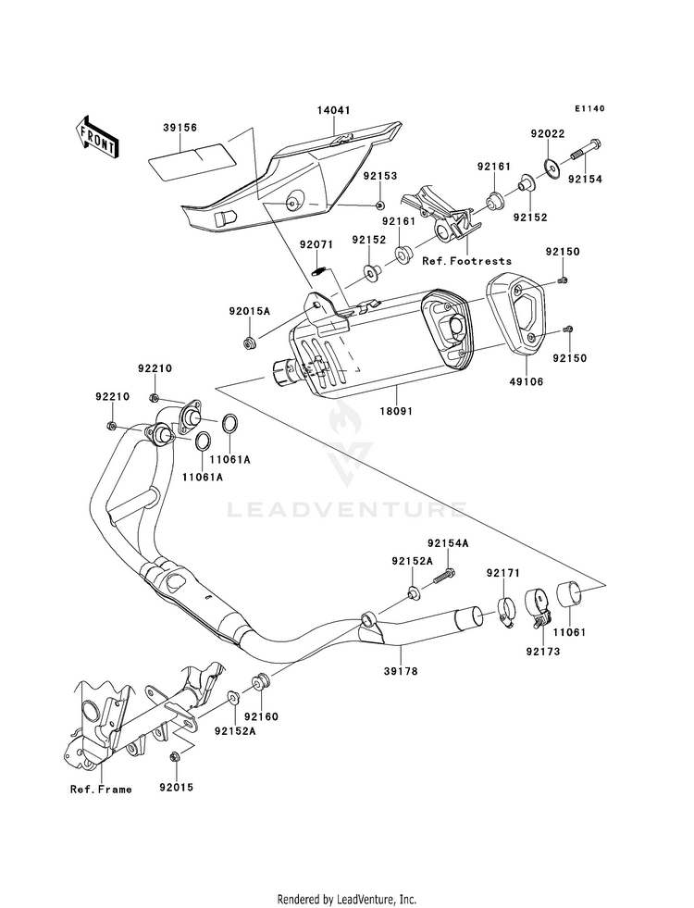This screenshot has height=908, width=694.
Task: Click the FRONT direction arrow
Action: click(x=96, y=137)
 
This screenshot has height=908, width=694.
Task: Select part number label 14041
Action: click(x=333, y=110)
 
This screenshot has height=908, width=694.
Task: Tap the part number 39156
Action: click(x=180, y=128)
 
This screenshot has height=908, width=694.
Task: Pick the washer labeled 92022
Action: click(x=552, y=168)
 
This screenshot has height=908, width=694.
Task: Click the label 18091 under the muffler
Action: click(x=396, y=411)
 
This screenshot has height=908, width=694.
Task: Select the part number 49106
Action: click(x=527, y=382)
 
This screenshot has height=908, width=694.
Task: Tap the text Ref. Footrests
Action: click(x=467, y=261)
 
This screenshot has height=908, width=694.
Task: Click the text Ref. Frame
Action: click(x=101, y=790)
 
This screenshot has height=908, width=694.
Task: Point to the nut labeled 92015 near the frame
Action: click(x=174, y=757)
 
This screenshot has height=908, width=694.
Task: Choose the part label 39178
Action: click(x=400, y=672)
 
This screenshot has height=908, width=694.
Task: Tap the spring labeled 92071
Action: click(x=319, y=270)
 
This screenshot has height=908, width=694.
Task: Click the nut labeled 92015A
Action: click(x=250, y=342)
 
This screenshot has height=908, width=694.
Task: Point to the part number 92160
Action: click(x=261, y=717)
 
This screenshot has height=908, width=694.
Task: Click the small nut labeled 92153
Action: click(x=379, y=205)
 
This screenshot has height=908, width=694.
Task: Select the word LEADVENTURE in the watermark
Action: click(x=345, y=510)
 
